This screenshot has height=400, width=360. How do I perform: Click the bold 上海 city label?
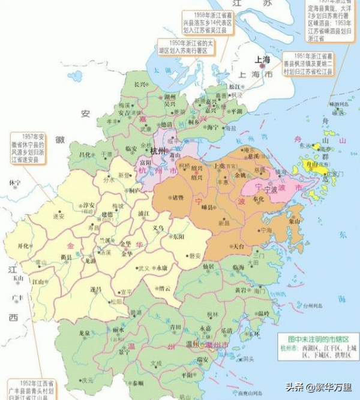[x=262, y=59]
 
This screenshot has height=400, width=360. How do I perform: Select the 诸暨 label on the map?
[x=178, y=197]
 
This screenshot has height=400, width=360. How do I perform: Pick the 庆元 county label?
[x=88, y=380]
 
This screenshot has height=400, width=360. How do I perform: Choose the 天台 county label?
[x=238, y=246]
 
